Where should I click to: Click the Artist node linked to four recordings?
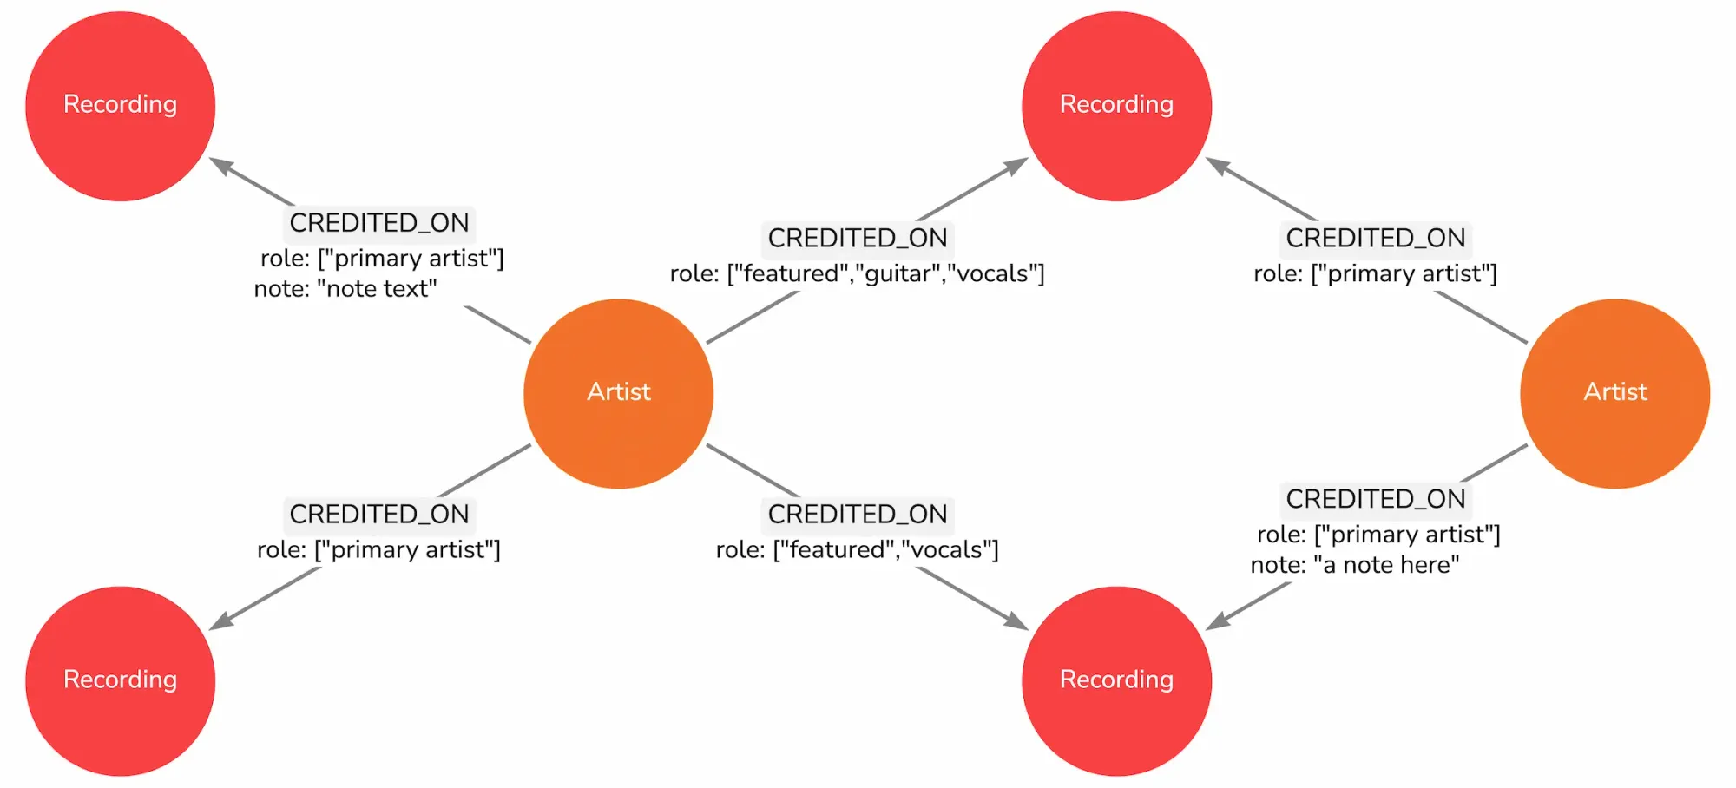[x=618, y=393]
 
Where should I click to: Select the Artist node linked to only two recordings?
[x=1614, y=393]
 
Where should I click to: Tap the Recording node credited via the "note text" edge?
[x=120, y=106]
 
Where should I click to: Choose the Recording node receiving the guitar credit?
[x=1116, y=106]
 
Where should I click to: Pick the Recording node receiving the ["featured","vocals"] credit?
[x=1116, y=680]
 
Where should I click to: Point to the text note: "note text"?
[x=345, y=289]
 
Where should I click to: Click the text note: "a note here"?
[x=1355, y=565]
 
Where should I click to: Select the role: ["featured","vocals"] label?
[x=857, y=549]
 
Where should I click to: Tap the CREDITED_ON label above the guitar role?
[x=857, y=239]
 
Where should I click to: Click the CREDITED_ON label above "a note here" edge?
[x=1375, y=499]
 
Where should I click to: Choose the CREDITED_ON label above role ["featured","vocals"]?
[x=857, y=515]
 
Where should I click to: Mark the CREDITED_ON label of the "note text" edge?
[x=379, y=223]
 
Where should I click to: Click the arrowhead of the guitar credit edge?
[x=1016, y=165]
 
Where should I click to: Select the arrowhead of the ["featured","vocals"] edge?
[x=1016, y=621]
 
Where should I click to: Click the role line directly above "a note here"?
[x=1378, y=535]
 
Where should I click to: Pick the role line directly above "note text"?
[x=382, y=259]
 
